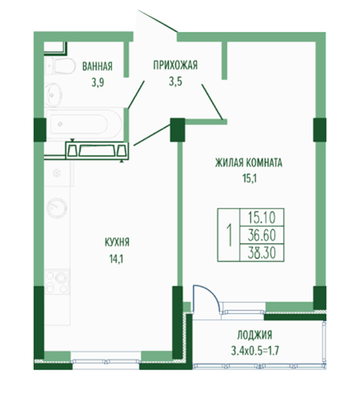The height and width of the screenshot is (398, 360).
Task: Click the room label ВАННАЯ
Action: click(97, 66)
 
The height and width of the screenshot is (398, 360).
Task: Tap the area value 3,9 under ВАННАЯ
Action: click(97, 82)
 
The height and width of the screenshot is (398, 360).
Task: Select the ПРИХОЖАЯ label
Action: click(175, 65)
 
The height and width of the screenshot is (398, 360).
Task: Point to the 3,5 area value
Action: click(176, 82)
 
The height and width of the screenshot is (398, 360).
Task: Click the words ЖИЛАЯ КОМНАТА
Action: click(249, 163)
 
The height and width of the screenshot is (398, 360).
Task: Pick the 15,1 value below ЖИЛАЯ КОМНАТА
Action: click(250, 178)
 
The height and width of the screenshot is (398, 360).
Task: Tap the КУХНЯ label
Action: click(117, 242)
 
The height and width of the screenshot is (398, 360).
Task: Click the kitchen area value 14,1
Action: click(116, 259)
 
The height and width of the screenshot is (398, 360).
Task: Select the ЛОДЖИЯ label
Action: click(255, 335)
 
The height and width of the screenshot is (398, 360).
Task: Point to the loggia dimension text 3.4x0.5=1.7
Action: click(255, 351)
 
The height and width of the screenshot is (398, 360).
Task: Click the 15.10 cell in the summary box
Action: click(262, 218)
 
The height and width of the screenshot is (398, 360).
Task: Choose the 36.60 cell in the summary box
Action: click(262, 235)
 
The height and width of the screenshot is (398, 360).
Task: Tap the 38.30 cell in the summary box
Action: click(262, 253)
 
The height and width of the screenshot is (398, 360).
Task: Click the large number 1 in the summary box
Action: click(229, 235)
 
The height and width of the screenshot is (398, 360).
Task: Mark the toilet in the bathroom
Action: click(60, 66)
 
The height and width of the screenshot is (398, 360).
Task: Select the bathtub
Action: click(84, 124)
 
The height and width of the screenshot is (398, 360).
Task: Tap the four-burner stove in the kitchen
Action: click(57, 282)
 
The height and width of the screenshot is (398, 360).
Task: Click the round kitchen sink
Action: click(57, 208)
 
